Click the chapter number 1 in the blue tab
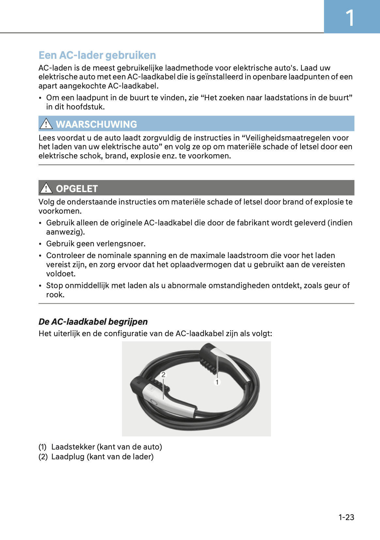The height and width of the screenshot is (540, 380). (x=350, y=18)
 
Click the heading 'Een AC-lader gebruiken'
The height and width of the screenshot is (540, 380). (x=97, y=55)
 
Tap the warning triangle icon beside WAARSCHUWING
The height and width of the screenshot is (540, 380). (x=46, y=124)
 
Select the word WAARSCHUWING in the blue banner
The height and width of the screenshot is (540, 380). (x=96, y=124)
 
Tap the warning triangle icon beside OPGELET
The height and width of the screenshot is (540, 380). (x=46, y=188)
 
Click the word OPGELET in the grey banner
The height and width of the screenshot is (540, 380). (x=77, y=188)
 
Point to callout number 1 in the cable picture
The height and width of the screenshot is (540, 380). (x=217, y=382)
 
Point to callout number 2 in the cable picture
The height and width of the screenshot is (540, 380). (x=163, y=375)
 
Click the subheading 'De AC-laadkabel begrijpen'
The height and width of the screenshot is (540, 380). (x=93, y=322)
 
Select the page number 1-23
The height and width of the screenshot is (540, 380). (x=346, y=517)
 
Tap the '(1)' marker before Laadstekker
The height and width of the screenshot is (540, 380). (x=42, y=447)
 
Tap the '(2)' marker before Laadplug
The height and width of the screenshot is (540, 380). (x=43, y=456)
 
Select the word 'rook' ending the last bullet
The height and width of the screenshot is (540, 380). (x=54, y=295)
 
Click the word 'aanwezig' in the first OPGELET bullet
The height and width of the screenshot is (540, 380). (x=64, y=232)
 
